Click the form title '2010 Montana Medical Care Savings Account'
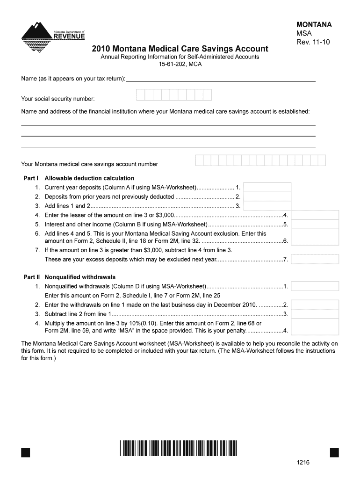pos(180,49)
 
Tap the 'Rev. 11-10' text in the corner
pos(313,42)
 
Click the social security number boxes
pos(173,95)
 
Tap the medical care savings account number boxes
pos(260,160)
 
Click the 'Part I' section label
pos(31,178)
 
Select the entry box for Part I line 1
pos(267,187)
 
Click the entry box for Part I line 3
pos(267,206)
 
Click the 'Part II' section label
pos(32,277)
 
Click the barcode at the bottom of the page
pos(178,448)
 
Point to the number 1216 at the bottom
pos(303,463)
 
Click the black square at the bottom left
pos(26,452)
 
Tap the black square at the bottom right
pos(334,452)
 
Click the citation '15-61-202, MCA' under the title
pos(180,64)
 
